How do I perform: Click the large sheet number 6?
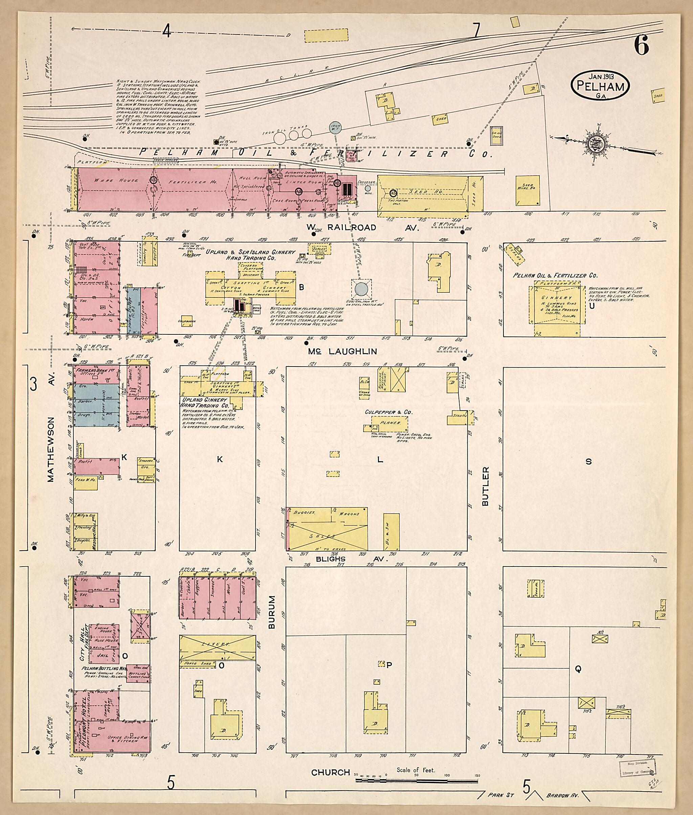641,47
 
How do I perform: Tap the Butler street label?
486,486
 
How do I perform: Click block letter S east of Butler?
588,462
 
